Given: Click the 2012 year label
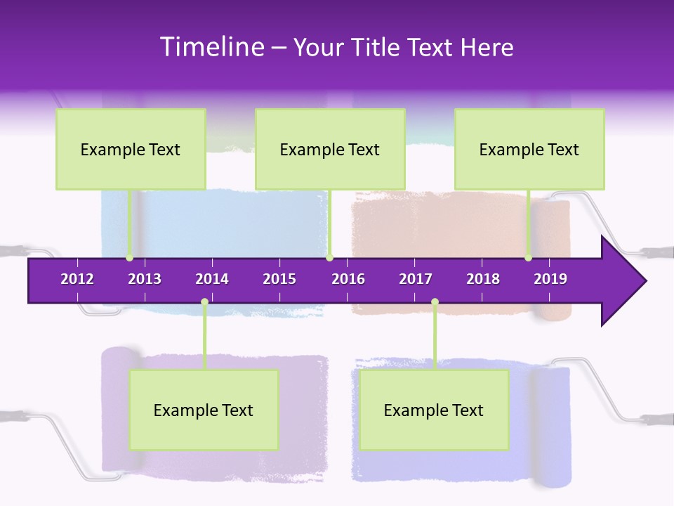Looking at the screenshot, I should [77, 279].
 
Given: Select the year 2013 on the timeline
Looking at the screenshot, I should [145, 279].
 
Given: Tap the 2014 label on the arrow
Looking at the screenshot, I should [212, 279].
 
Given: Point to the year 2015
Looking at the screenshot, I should [279, 279].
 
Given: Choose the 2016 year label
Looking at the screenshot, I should [348, 279].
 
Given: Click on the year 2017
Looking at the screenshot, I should [416, 279].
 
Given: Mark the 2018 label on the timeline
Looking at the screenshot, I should [483, 279].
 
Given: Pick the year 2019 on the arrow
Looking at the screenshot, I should [550, 279].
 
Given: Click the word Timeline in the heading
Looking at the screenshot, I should [211, 47].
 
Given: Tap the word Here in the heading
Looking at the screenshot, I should [487, 47].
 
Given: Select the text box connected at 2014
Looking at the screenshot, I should [204, 410].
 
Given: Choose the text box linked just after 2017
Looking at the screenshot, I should [434, 410].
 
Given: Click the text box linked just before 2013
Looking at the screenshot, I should [131, 149].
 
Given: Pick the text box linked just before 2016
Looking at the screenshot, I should [330, 149].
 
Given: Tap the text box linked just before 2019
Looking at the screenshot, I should [529, 149].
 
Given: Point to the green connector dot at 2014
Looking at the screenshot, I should [204, 302].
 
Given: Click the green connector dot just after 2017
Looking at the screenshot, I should [435, 302].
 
